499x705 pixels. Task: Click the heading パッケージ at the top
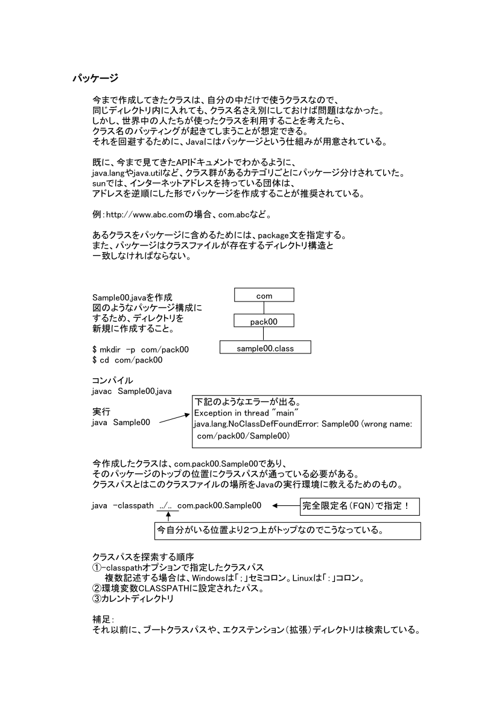point(95,78)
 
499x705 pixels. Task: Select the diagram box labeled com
point(264,296)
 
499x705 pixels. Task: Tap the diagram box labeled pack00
point(264,321)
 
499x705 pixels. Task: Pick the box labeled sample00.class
point(265,347)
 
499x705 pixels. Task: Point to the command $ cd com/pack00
point(127,360)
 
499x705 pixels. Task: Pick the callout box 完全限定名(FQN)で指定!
point(360,506)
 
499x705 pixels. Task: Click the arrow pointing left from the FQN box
point(285,505)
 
